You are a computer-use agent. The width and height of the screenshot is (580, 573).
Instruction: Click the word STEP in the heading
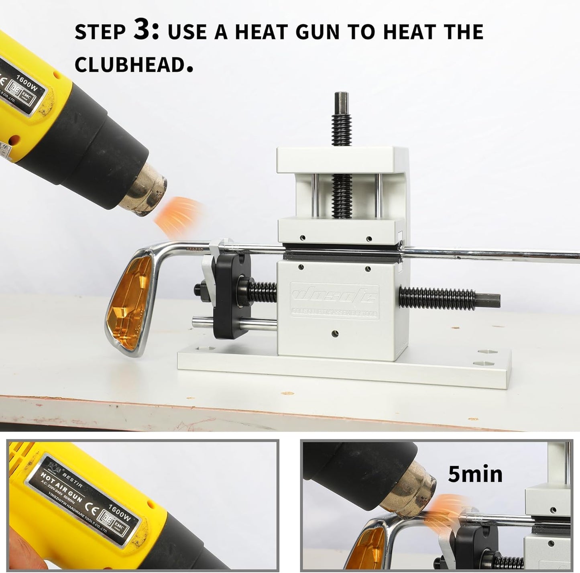[x=100, y=32]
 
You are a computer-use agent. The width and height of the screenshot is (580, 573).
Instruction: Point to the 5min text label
[x=475, y=474]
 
